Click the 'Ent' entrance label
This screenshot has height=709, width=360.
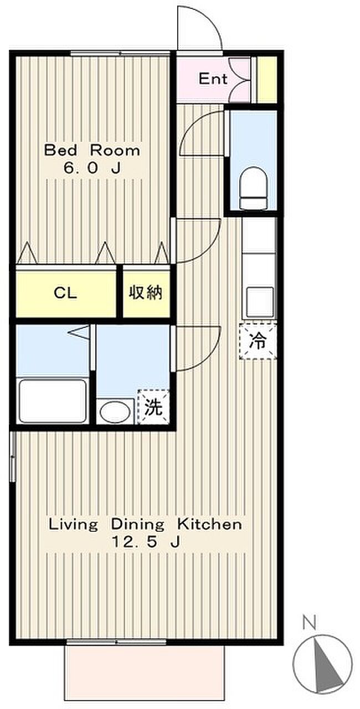[213, 79]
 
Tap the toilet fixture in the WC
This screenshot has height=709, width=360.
[254, 189]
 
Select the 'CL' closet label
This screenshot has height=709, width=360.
[65, 293]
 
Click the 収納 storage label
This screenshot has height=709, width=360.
[146, 293]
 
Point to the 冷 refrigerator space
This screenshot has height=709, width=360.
[258, 341]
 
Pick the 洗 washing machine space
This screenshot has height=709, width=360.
[153, 407]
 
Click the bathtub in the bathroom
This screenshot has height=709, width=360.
[53, 402]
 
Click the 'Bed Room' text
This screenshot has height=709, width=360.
[92, 150]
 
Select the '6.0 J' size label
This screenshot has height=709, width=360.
[92, 168]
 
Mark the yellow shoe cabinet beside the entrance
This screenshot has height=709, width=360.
[266, 79]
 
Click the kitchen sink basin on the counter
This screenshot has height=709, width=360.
[260, 302]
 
